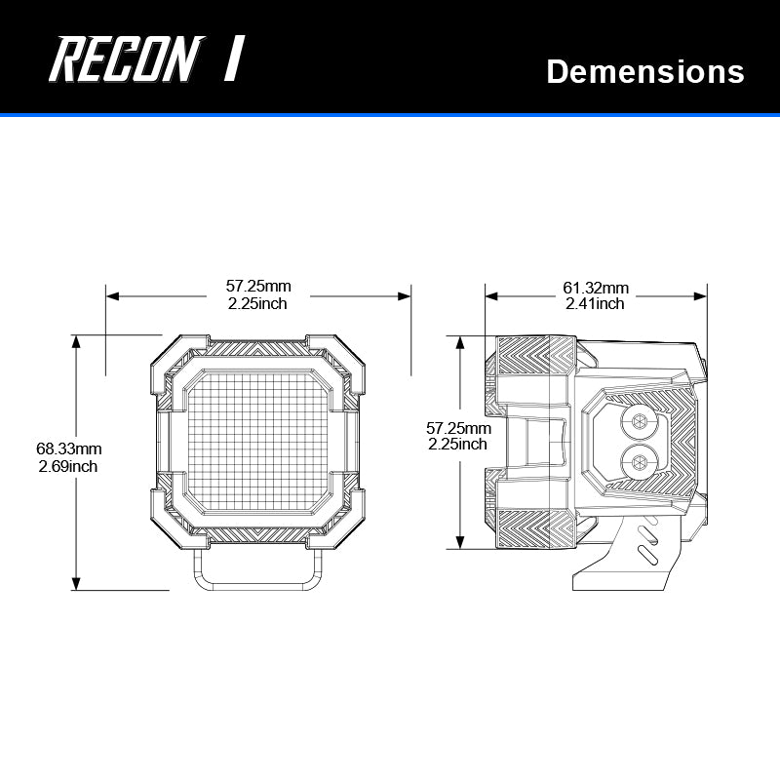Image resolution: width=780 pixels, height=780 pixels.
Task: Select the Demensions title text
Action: point(645,71)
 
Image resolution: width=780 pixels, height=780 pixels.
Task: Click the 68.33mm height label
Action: point(69,449)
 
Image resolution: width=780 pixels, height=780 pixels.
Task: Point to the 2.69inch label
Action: point(67,466)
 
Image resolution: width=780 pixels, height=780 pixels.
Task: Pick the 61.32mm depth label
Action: point(596,288)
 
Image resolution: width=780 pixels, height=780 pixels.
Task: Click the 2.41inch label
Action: point(596,304)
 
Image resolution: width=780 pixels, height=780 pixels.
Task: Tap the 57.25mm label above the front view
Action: point(258,287)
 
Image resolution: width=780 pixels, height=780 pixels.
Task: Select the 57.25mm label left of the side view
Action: point(458,428)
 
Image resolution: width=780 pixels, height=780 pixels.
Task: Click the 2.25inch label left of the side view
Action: point(458,445)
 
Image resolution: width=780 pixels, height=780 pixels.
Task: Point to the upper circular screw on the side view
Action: point(640,421)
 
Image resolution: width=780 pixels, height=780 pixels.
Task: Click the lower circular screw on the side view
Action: point(640,461)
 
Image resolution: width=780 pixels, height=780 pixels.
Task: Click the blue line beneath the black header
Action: point(390,115)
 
